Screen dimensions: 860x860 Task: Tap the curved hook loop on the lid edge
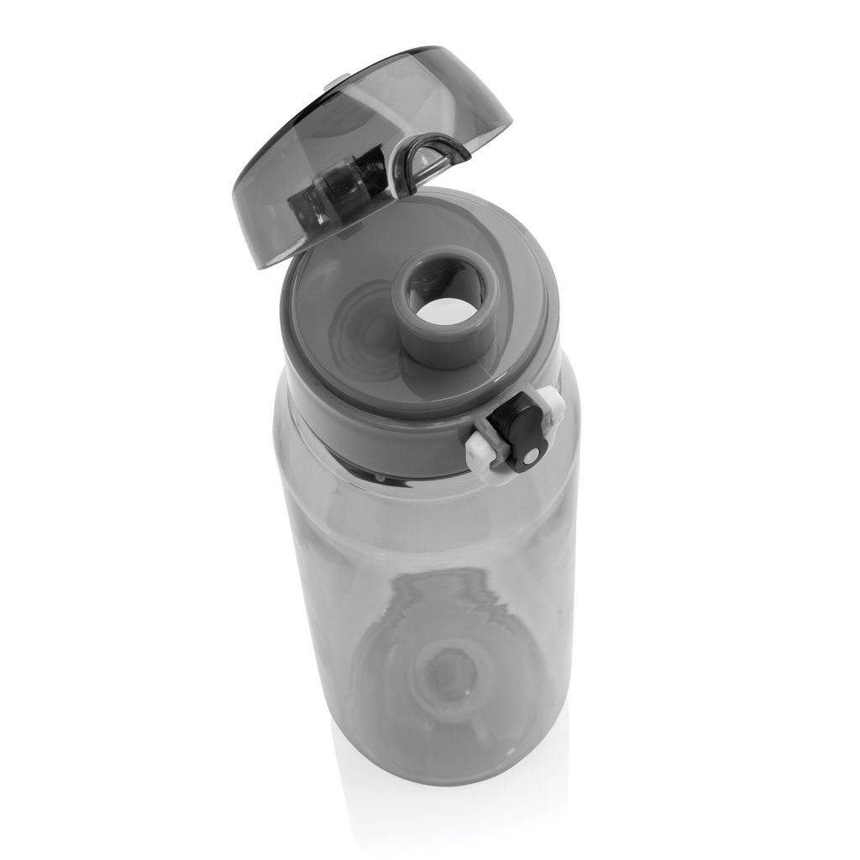[433, 155]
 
